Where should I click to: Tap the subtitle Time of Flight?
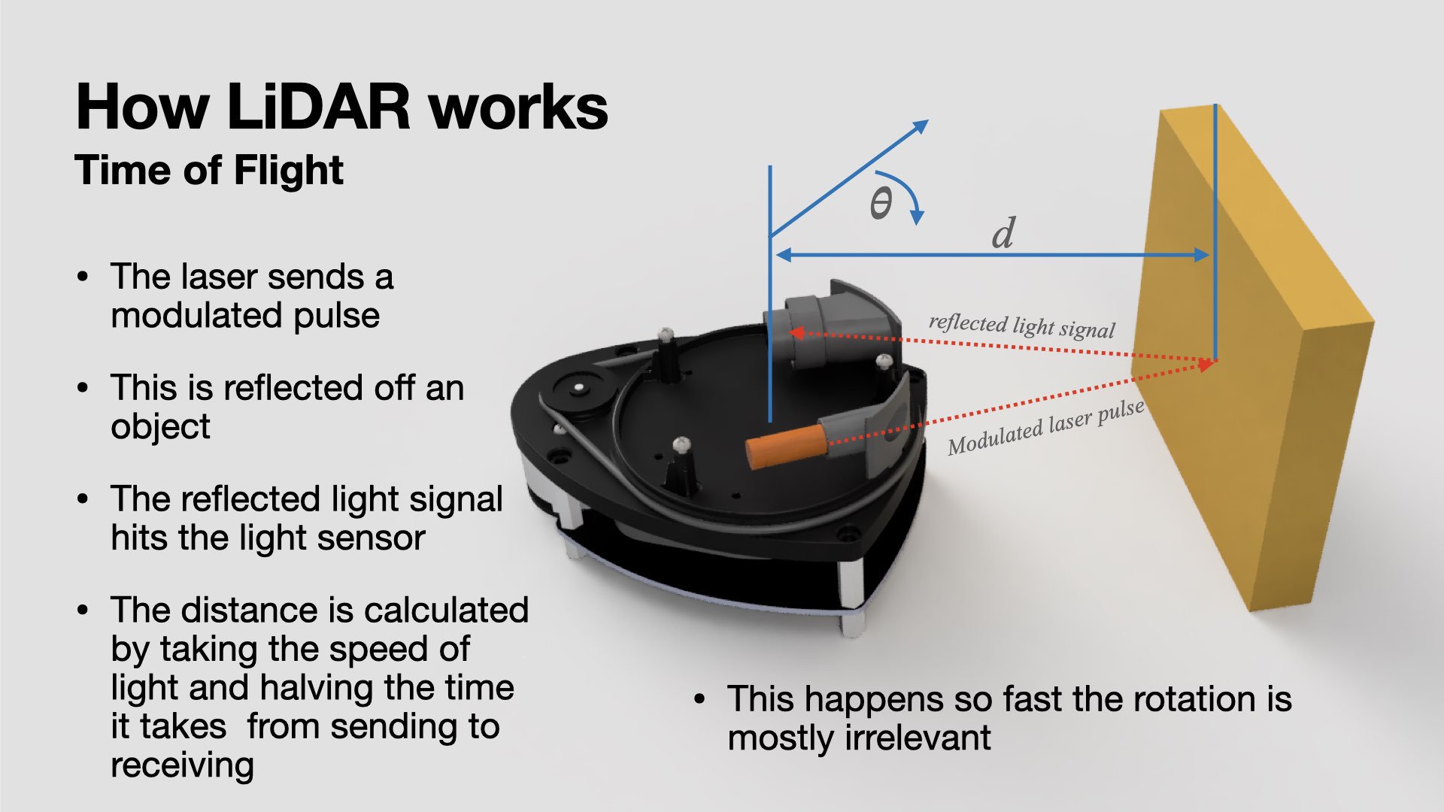[209, 170]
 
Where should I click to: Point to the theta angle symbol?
[881, 203]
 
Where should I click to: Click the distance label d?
[1003, 233]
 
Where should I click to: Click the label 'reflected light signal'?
[1021, 326]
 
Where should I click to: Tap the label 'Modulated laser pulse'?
[1045, 427]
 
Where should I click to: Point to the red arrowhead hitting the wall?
[1207, 365]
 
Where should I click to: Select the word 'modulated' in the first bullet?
[197, 316]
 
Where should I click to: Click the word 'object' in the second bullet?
[160, 427]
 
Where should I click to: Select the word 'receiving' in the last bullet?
[182, 766]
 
